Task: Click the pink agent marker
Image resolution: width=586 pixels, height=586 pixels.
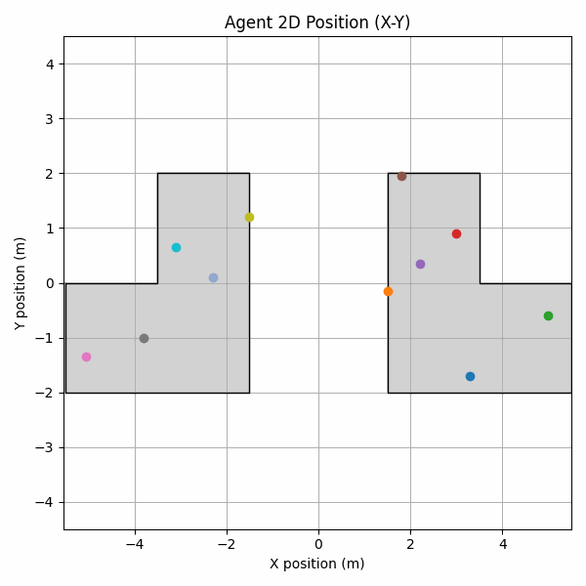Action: click(x=86, y=356)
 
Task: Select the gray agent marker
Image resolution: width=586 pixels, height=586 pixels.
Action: click(x=144, y=338)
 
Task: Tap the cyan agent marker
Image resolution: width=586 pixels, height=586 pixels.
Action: click(x=176, y=247)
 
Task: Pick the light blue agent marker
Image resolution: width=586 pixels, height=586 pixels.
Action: click(x=213, y=277)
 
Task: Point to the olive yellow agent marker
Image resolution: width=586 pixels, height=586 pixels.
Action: click(x=249, y=217)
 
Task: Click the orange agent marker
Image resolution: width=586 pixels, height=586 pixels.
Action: click(x=388, y=291)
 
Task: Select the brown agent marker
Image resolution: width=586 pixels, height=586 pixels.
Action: click(x=401, y=176)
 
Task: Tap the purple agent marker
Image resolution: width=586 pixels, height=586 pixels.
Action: click(x=420, y=264)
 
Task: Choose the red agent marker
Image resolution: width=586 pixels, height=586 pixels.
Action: click(x=456, y=233)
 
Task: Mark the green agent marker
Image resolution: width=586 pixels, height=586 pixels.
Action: click(x=548, y=315)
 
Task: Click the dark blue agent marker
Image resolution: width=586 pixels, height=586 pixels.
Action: click(x=470, y=376)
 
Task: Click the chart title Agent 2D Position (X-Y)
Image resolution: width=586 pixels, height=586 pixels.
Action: click(x=317, y=22)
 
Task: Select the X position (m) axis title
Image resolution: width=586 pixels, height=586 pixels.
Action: click(x=317, y=564)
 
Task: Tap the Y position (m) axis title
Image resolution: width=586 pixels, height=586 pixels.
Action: click(x=21, y=283)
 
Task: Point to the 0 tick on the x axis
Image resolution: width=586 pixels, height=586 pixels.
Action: click(x=318, y=543)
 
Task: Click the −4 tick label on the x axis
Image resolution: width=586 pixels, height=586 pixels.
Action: click(x=135, y=543)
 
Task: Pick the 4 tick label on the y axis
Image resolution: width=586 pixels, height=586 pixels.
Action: click(x=49, y=64)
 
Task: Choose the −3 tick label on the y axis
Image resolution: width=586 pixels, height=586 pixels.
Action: click(x=45, y=447)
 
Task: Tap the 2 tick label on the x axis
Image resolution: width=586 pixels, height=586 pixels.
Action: click(x=410, y=543)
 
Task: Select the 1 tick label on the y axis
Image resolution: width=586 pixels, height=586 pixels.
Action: click(x=49, y=229)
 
